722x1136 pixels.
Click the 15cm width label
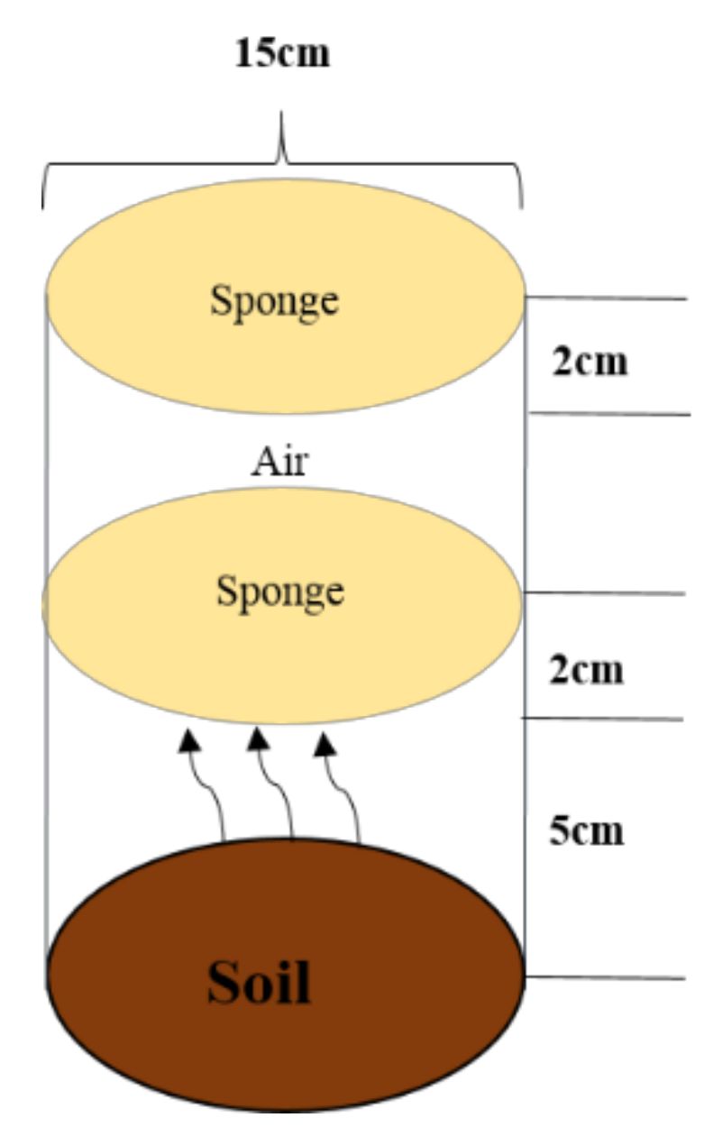(x=282, y=53)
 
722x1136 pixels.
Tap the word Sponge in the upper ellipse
(x=275, y=300)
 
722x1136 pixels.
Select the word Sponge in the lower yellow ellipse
(x=279, y=591)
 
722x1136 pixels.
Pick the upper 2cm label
(x=589, y=362)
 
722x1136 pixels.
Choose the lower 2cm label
(x=587, y=670)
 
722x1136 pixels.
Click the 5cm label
(x=587, y=830)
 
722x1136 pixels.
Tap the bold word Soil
(x=260, y=982)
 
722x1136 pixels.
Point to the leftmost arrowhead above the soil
(x=189, y=739)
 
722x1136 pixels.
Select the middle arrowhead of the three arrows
(x=259, y=739)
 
